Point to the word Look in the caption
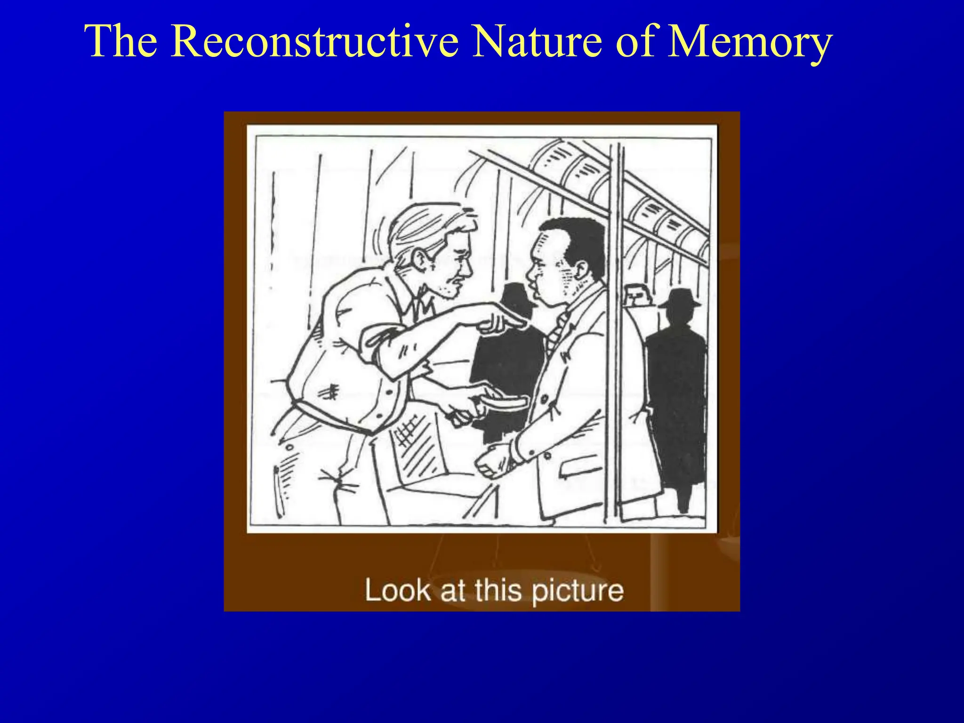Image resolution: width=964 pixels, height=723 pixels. click(397, 590)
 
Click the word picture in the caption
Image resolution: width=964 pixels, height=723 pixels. click(578, 591)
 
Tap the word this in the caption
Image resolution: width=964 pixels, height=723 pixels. click(498, 590)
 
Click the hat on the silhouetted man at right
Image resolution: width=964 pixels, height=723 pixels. click(678, 298)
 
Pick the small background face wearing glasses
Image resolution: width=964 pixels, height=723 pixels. click(635, 295)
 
